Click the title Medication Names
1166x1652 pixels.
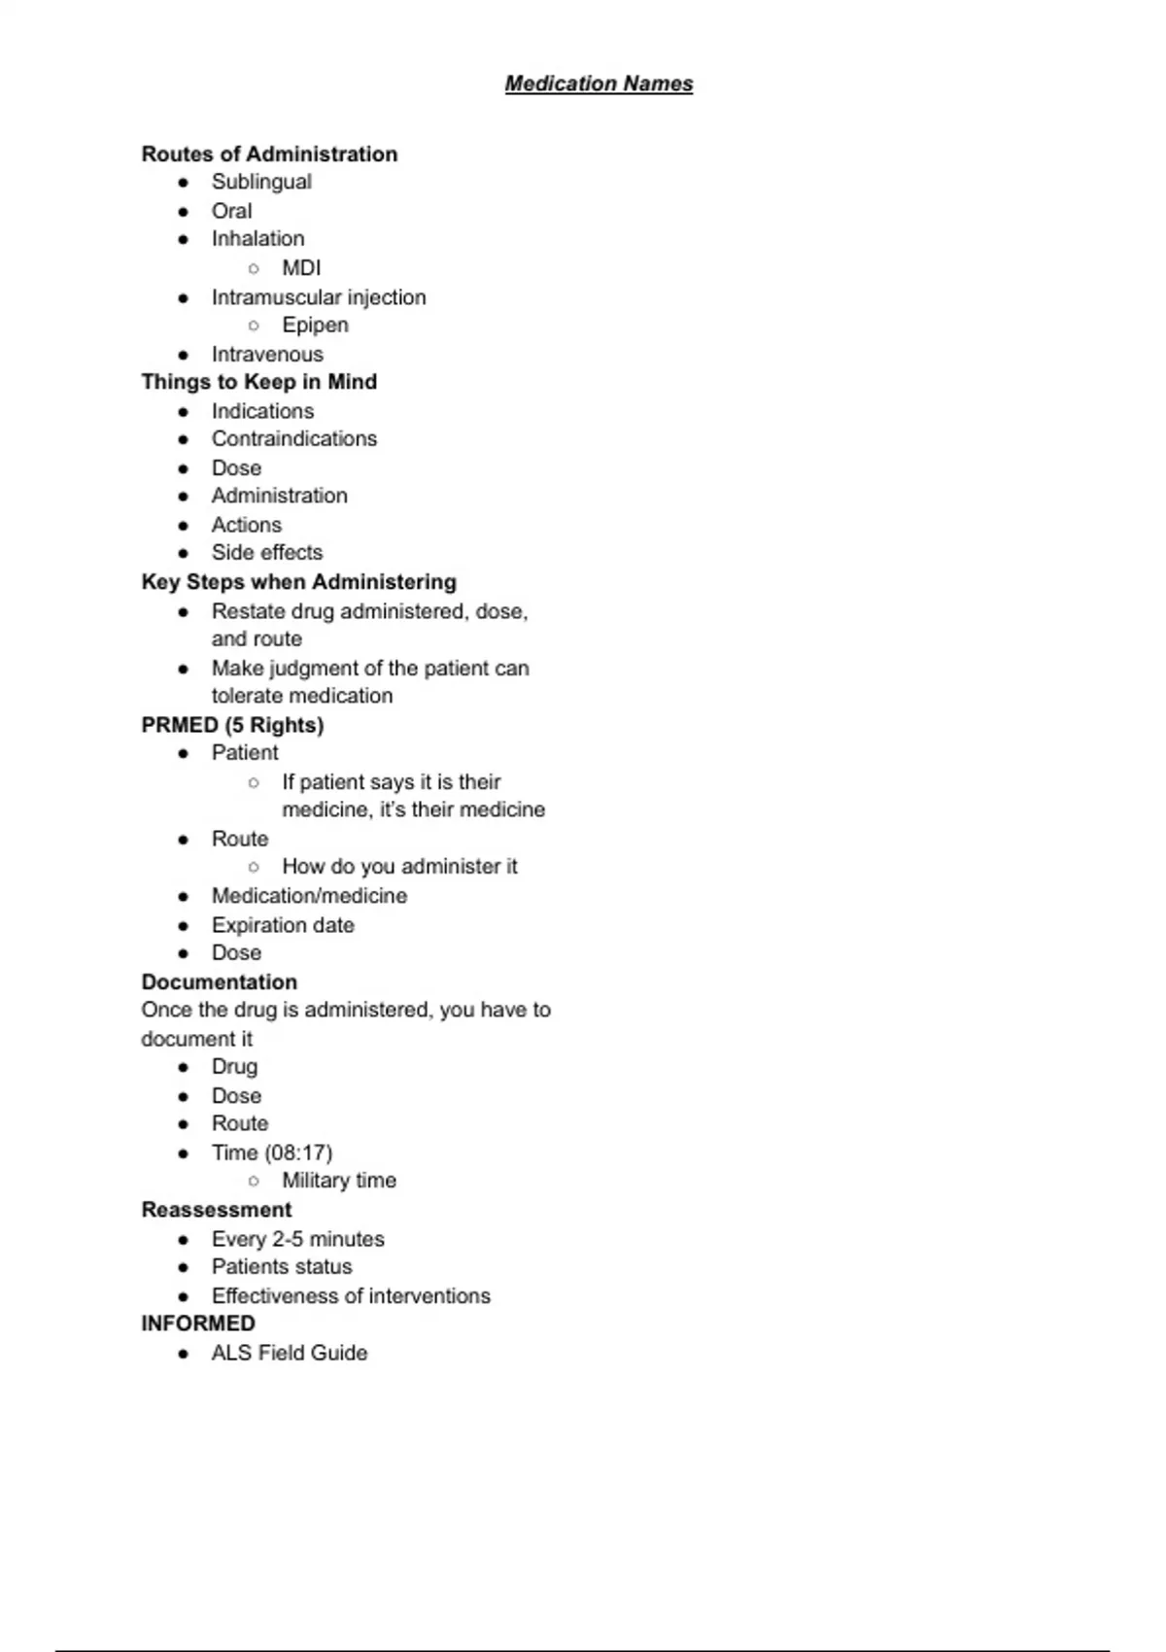pyautogui.click(x=599, y=84)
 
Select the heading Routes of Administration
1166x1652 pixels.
pyautogui.click(x=269, y=154)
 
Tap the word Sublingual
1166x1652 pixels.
pyautogui.click(x=261, y=182)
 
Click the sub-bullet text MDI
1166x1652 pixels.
pyautogui.click(x=301, y=267)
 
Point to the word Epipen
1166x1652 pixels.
pyautogui.click(x=315, y=325)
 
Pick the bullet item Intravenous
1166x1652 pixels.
pyautogui.click(x=267, y=354)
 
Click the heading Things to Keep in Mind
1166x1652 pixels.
pyautogui.click(x=258, y=382)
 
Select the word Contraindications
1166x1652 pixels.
pyautogui.click(x=293, y=438)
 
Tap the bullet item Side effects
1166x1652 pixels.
pyautogui.click(x=266, y=552)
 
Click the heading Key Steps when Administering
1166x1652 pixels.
pyautogui.click(x=298, y=581)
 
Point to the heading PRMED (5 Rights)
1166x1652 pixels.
pyautogui.click(x=232, y=725)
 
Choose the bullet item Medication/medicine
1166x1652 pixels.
pyautogui.click(x=309, y=895)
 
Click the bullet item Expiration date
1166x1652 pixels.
pyautogui.click(x=283, y=924)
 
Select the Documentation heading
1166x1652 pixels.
pyautogui.click(x=219, y=981)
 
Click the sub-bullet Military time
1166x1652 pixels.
pyautogui.click(x=339, y=1180)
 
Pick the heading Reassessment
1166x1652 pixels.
pyautogui.click(x=216, y=1209)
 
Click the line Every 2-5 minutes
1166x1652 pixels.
pyautogui.click(x=297, y=1238)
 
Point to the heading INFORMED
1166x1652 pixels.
pyautogui.click(x=198, y=1324)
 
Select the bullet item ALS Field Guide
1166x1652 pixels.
pyautogui.click(x=290, y=1353)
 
